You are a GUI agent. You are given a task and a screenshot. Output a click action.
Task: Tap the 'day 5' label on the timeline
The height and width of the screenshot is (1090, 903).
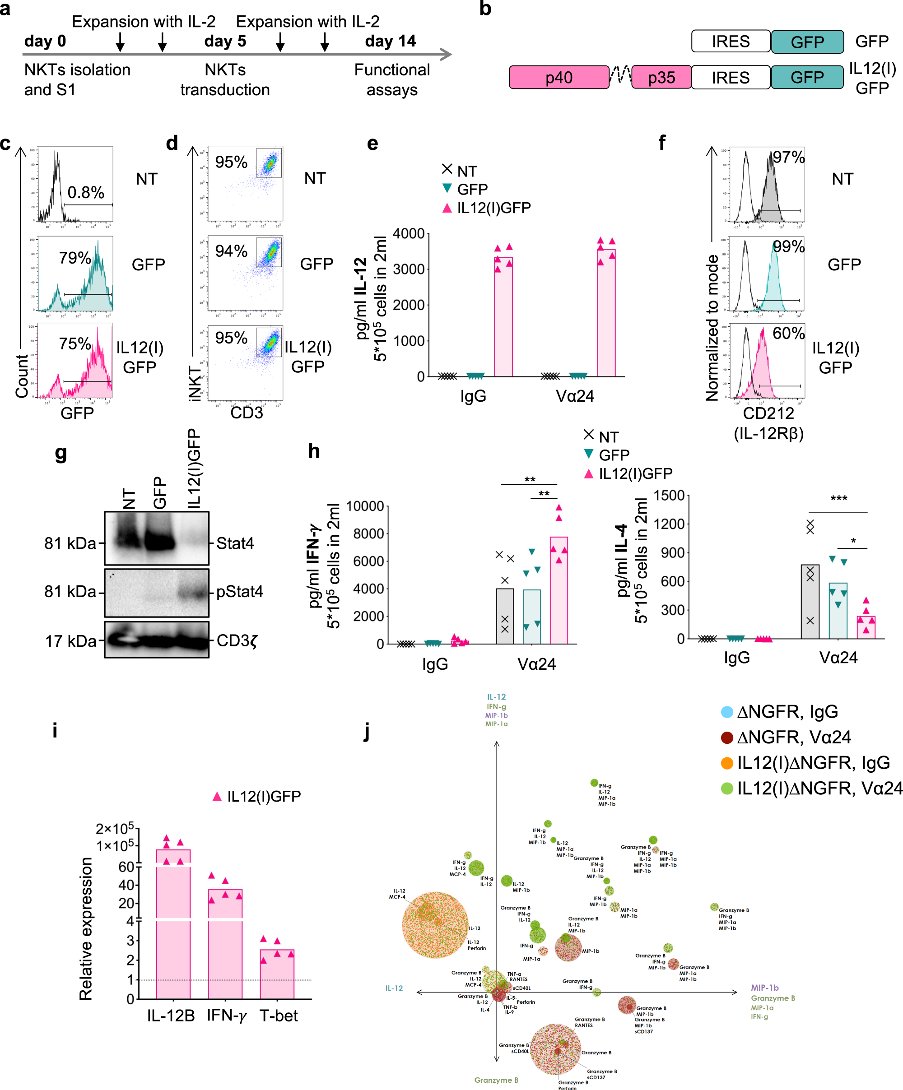(x=225, y=41)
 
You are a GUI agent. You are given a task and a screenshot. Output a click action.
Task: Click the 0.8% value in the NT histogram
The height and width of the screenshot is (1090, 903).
(x=86, y=193)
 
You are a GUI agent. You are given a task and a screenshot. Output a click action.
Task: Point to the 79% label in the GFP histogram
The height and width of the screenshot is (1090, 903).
(x=75, y=257)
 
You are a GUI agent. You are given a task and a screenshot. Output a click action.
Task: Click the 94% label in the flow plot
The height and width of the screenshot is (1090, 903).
(x=231, y=251)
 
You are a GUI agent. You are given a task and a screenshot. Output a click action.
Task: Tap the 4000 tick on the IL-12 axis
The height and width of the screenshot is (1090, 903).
(x=409, y=234)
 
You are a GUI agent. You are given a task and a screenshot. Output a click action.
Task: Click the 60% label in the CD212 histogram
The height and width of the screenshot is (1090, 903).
(x=788, y=333)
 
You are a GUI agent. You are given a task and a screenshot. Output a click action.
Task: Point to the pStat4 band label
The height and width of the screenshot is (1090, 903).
(x=239, y=591)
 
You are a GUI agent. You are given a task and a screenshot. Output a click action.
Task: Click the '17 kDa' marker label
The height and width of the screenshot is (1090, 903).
(x=70, y=641)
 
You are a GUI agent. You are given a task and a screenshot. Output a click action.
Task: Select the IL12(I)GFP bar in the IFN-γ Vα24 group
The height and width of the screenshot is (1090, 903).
(x=558, y=592)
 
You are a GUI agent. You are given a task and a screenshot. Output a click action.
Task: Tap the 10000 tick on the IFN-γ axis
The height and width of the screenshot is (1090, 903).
(x=365, y=506)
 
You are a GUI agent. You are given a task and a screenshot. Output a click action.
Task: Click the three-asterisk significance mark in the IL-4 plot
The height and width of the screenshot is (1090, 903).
(x=838, y=499)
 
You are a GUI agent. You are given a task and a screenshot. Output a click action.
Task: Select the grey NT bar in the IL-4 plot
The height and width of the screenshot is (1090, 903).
(x=810, y=602)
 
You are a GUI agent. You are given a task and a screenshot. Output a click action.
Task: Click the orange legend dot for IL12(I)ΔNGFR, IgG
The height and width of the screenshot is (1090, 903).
(x=726, y=763)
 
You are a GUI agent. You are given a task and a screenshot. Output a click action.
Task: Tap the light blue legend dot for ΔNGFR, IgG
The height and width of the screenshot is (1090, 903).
(x=726, y=712)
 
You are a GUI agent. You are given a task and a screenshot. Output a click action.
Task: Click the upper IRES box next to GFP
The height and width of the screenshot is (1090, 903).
(x=730, y=42)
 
